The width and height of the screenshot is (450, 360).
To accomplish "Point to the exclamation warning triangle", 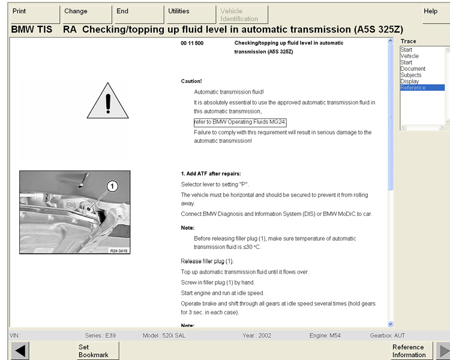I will (x=108, y=101).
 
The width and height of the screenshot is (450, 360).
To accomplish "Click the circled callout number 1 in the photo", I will (x=111, y=187).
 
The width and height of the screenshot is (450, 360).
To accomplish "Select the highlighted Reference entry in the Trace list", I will (x=422, y=88).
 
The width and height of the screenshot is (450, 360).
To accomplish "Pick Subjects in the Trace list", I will (x=411, y=75).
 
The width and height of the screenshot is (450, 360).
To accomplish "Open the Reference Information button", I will (x=408, y=350).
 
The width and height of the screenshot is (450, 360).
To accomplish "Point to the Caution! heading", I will (x=191, y=81).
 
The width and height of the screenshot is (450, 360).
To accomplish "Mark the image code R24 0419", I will (x=119, y=251).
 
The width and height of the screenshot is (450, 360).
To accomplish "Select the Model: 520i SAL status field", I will (x=167, y=335).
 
